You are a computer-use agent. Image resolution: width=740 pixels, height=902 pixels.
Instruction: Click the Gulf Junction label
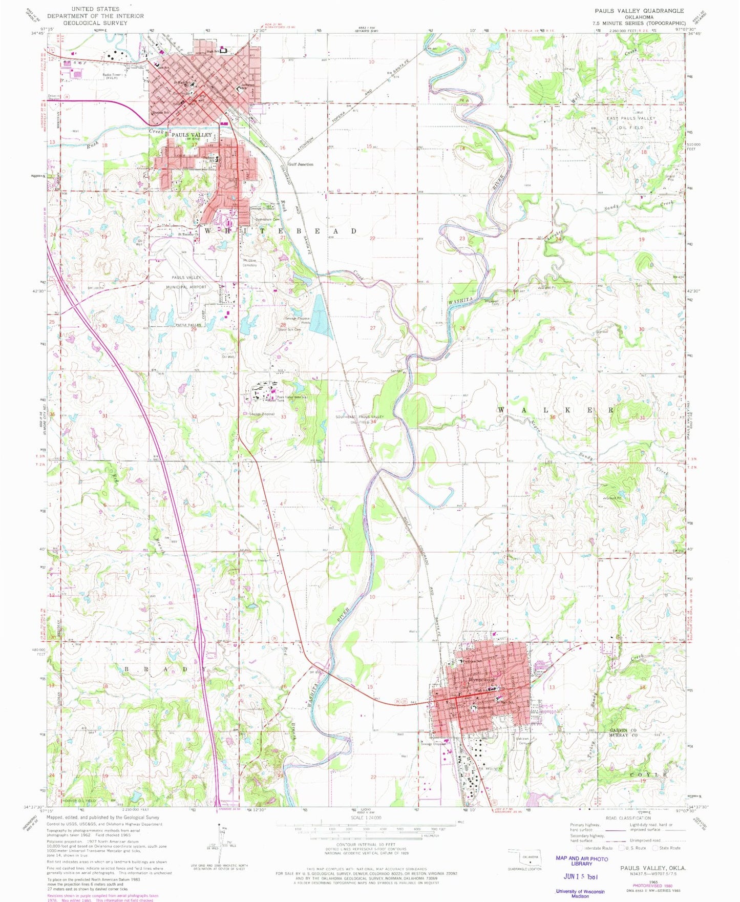(301, 164)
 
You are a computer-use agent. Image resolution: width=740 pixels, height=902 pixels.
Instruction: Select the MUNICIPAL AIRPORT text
(183, 287)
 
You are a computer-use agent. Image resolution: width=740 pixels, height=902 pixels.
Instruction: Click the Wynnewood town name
(482, 680)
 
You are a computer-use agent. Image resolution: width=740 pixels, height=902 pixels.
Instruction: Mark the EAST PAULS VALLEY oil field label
(631, 118)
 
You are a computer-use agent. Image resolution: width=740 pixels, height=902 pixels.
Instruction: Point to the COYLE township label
(650, 774)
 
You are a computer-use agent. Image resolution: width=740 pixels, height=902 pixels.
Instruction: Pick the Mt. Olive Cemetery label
(250, 263)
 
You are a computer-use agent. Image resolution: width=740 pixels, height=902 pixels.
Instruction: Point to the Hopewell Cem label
(492, 302)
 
